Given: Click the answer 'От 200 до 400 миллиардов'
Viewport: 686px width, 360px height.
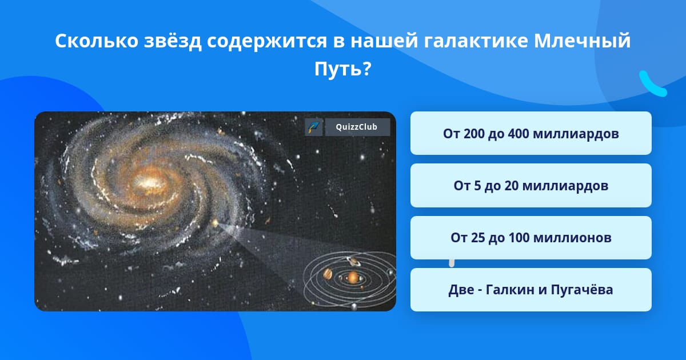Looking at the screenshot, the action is point(531,134).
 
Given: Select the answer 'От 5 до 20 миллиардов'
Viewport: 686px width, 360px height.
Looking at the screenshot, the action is point(531,186).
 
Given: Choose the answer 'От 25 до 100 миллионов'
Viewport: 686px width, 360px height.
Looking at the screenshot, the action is point(531,238).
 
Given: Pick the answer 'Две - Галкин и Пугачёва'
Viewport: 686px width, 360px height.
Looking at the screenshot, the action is point(531,290).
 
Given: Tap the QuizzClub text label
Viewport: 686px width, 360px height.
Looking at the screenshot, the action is point(357,127).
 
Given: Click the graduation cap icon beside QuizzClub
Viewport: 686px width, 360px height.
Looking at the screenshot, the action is point(314,127).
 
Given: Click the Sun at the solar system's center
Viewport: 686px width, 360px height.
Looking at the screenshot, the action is point(353,278).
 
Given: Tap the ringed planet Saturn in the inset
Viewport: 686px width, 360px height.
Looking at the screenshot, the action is point(353,262).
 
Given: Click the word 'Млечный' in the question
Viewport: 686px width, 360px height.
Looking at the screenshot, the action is point(582,41).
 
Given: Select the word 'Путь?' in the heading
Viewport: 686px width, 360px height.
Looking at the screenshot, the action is point(343,69).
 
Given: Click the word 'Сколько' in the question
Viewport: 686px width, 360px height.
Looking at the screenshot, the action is point(97,41).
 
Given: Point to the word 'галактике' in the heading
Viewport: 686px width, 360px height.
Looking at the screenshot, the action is point(476,41).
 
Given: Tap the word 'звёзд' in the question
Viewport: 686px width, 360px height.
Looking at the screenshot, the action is point(173,41).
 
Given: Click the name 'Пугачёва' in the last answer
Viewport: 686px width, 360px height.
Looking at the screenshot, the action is point(581,290).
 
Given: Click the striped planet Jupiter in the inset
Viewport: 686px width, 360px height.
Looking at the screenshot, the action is point(328,274).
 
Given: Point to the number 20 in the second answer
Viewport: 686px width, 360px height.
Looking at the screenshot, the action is point(512,186).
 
